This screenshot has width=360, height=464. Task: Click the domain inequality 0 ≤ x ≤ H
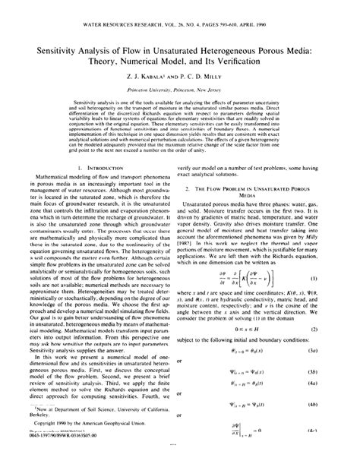[255, 332]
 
